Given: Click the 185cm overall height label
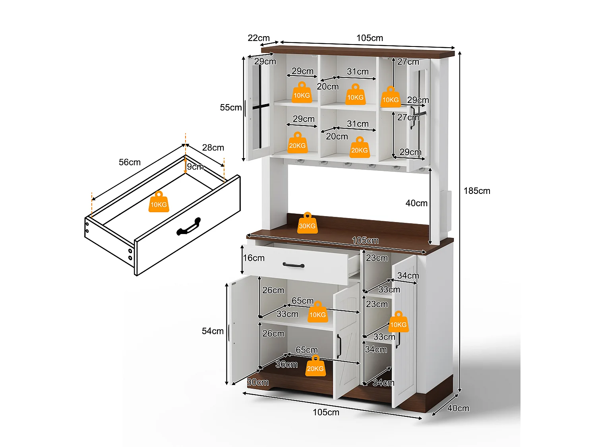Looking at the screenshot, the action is click(476, 191).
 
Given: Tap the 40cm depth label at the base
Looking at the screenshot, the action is click(458, 408).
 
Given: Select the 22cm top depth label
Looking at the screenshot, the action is click(259, 38).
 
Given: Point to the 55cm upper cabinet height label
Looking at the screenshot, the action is click(230, 107).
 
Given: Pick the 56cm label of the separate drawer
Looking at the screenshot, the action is click(130, 162).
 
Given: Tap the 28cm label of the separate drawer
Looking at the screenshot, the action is click(213, 148).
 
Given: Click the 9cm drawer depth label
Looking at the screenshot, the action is click(195, 166).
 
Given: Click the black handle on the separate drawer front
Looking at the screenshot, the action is click(189, 226).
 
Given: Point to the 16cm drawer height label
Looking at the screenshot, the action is click(253, 258).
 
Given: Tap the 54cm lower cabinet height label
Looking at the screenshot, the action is click(213, 331).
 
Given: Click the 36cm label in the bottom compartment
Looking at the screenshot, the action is click(286, 364).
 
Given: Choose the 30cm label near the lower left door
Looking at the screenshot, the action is click(258, 382).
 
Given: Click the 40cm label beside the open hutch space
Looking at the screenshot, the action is click(416, 203).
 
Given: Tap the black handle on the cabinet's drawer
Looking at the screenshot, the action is click(293, 265).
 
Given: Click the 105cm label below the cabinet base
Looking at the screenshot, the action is click(326, 412).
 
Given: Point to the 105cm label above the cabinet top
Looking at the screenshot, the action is click(370, 38).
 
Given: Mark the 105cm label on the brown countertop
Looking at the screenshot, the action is click(365, 240).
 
